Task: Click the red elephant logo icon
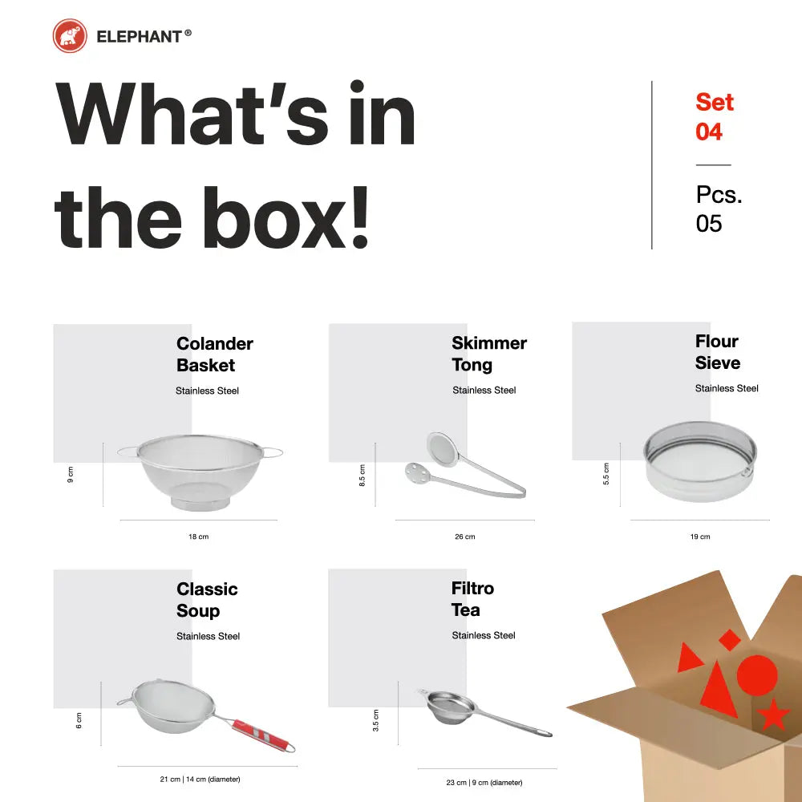point(70,36)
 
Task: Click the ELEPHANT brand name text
point(139,37)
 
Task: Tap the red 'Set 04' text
point(715,116)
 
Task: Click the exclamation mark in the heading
point(360,217)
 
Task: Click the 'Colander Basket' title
point(215,354)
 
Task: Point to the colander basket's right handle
point(272,452)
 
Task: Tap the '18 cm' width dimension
point(198,537)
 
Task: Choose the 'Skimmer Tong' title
point(489,354)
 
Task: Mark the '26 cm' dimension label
point(465,537)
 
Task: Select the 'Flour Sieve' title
point(718,352)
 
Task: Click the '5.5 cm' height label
point(606,474)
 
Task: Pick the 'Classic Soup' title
point(207,599)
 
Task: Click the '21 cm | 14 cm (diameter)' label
point(200,779)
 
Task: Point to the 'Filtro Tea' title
point(472,599)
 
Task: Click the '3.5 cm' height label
point(376,720)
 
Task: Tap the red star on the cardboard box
point(773,715)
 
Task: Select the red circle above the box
point(757,675)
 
